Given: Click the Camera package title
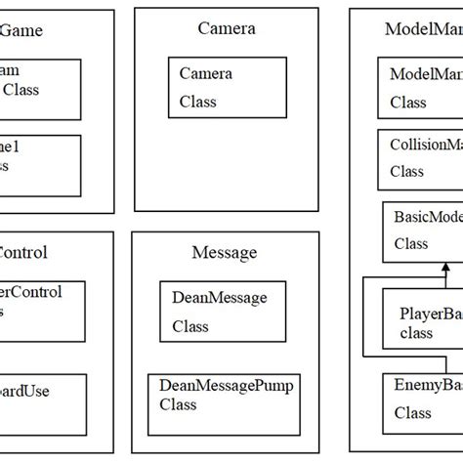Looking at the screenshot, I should click(x=227, y=28).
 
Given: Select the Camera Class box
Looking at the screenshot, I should click(x=226, y=88).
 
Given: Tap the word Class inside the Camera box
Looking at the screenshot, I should click(x=197, y=102).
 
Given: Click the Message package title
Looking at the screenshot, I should click(x=225, y=253).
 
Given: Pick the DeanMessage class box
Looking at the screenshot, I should click(x=226, y=312).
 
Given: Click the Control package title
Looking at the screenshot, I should click(x=21, y=253).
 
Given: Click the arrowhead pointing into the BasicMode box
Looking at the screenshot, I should click(x=445, y=267).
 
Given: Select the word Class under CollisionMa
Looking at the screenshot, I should click(x=407, y=171).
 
